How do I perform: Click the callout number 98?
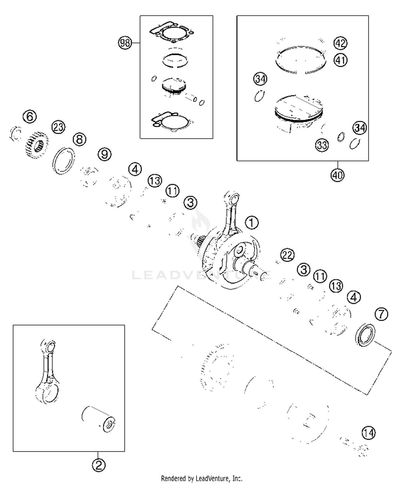(125, 43)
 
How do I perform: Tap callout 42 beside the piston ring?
(340, 43)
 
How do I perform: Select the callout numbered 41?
(340, 60)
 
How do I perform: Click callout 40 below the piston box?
(337, 175)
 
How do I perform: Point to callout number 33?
(322, 145)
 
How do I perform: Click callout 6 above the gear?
(30, 117)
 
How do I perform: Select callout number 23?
(58, 127)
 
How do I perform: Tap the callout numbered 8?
(79, 140)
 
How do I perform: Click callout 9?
(105, 154)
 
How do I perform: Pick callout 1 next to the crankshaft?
(252, 223)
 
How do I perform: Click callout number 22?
(287, 255)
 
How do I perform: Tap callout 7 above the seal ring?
(381, 314)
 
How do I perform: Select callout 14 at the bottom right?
(368, 433)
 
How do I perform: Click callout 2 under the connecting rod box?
(99, 465)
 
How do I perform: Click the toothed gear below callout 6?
(37, 145)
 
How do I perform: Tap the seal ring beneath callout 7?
(365, 335)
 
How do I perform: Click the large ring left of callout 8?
(64, 160)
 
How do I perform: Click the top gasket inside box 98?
(171, 33)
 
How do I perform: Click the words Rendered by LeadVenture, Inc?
(201, 479)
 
